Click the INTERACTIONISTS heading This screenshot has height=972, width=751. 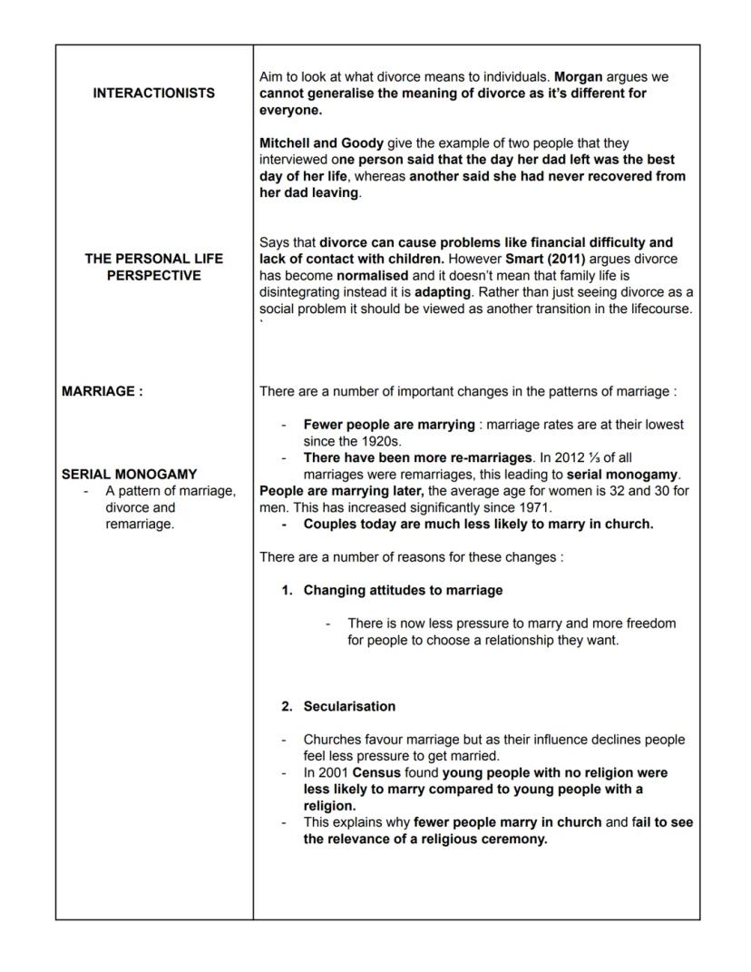tap(154, 93)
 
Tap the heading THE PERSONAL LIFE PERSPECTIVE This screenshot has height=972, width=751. tap(154, 267)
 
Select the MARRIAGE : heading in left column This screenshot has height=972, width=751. tap(102, 392)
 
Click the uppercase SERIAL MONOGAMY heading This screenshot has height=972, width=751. tap(129, 474)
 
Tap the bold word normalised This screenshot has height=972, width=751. tap(374, 274)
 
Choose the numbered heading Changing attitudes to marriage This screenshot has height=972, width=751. tap(403, 590)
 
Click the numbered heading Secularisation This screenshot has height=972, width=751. tap(349, 706)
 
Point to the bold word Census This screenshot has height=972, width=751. tap(376, 772)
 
